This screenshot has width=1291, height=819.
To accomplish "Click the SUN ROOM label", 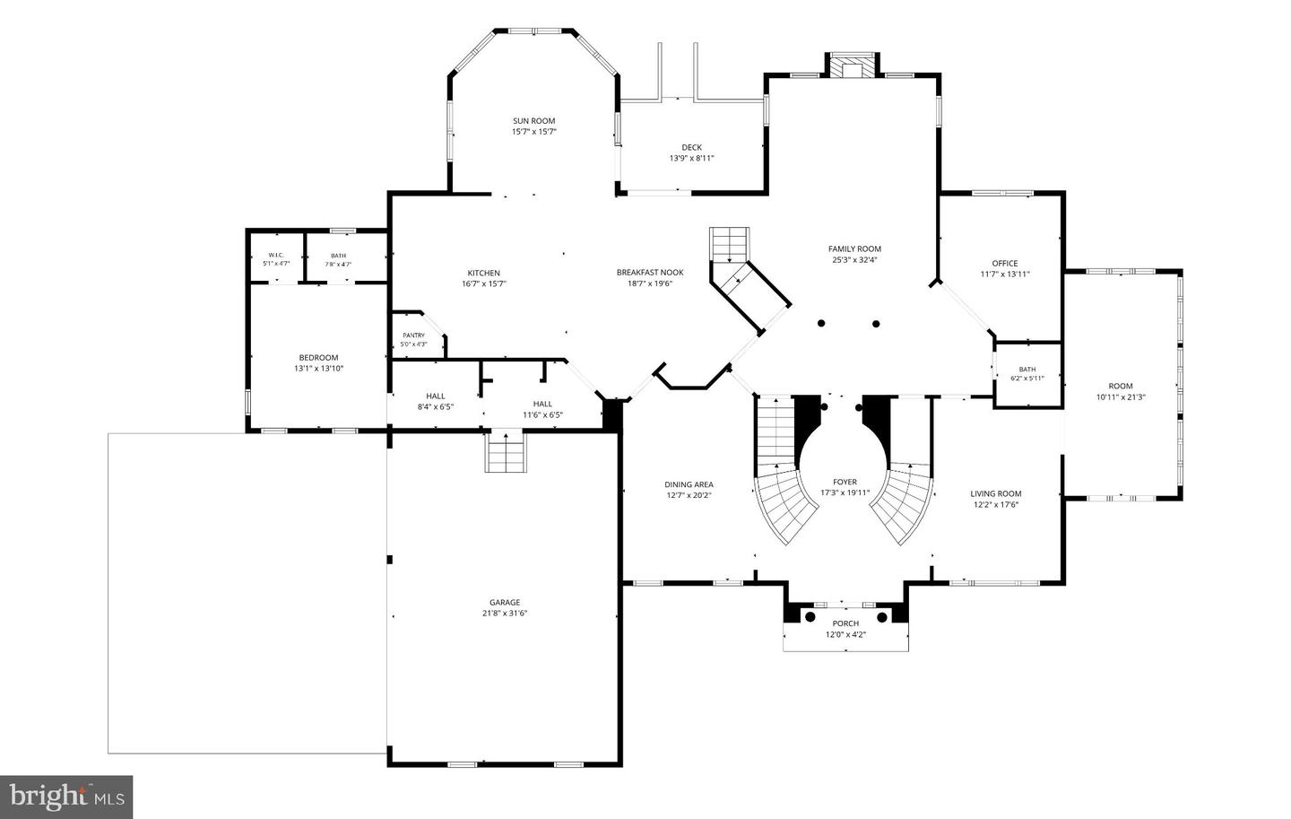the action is click(x=533, y=121).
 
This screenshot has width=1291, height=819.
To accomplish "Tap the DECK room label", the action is click(x=691, y=148).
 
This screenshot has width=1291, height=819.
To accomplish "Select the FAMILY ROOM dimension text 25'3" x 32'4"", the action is click(x=854, y=260).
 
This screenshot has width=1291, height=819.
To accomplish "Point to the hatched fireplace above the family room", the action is click(x=852, y=65).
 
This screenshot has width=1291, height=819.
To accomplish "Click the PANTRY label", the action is click(x=414, y=335).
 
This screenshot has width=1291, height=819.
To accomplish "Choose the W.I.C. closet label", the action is click(x=276, y=256).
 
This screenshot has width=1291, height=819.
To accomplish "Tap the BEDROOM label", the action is click(x=319, y=358).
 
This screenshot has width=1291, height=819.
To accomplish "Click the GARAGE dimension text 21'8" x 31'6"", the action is click(x=505, y=613).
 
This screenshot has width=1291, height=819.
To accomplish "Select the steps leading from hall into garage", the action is click(x=506, y=451).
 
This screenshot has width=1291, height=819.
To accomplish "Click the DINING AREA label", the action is click(x=689, y=484).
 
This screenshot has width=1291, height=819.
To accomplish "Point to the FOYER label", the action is click(x=845, y=483).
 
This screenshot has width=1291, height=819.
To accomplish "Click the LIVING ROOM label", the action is click(x=996, y=493).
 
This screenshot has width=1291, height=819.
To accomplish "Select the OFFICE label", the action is click(x=1004, y=264).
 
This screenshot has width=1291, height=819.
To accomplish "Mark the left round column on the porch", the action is click(x=810, y=617).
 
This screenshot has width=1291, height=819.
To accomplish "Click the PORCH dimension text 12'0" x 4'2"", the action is click(x=845, y=634).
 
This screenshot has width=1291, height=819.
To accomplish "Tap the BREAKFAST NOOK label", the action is click(x=650, y=273).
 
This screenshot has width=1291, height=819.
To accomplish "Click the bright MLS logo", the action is click(x=66, y=797).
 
